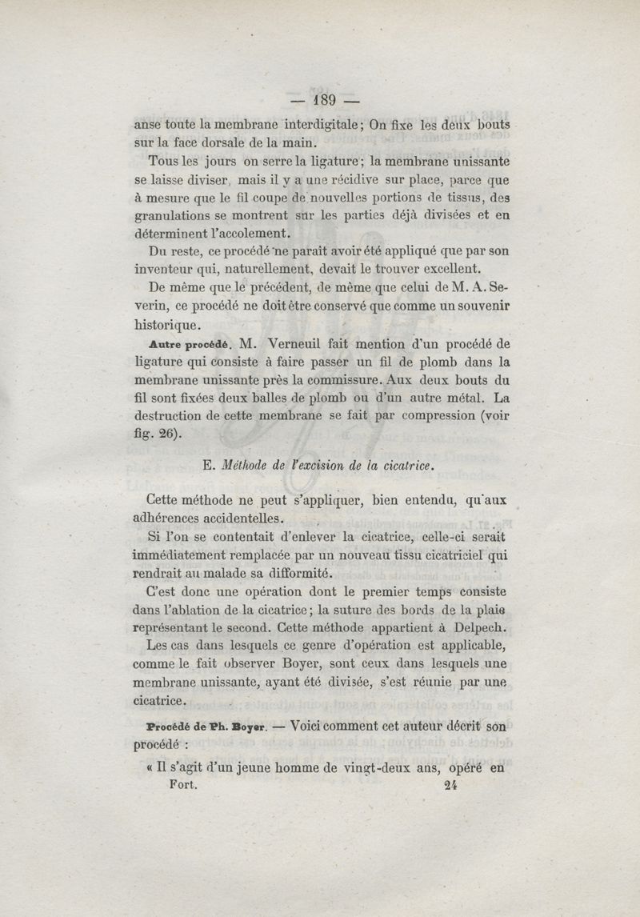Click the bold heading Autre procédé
point(190,344)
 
